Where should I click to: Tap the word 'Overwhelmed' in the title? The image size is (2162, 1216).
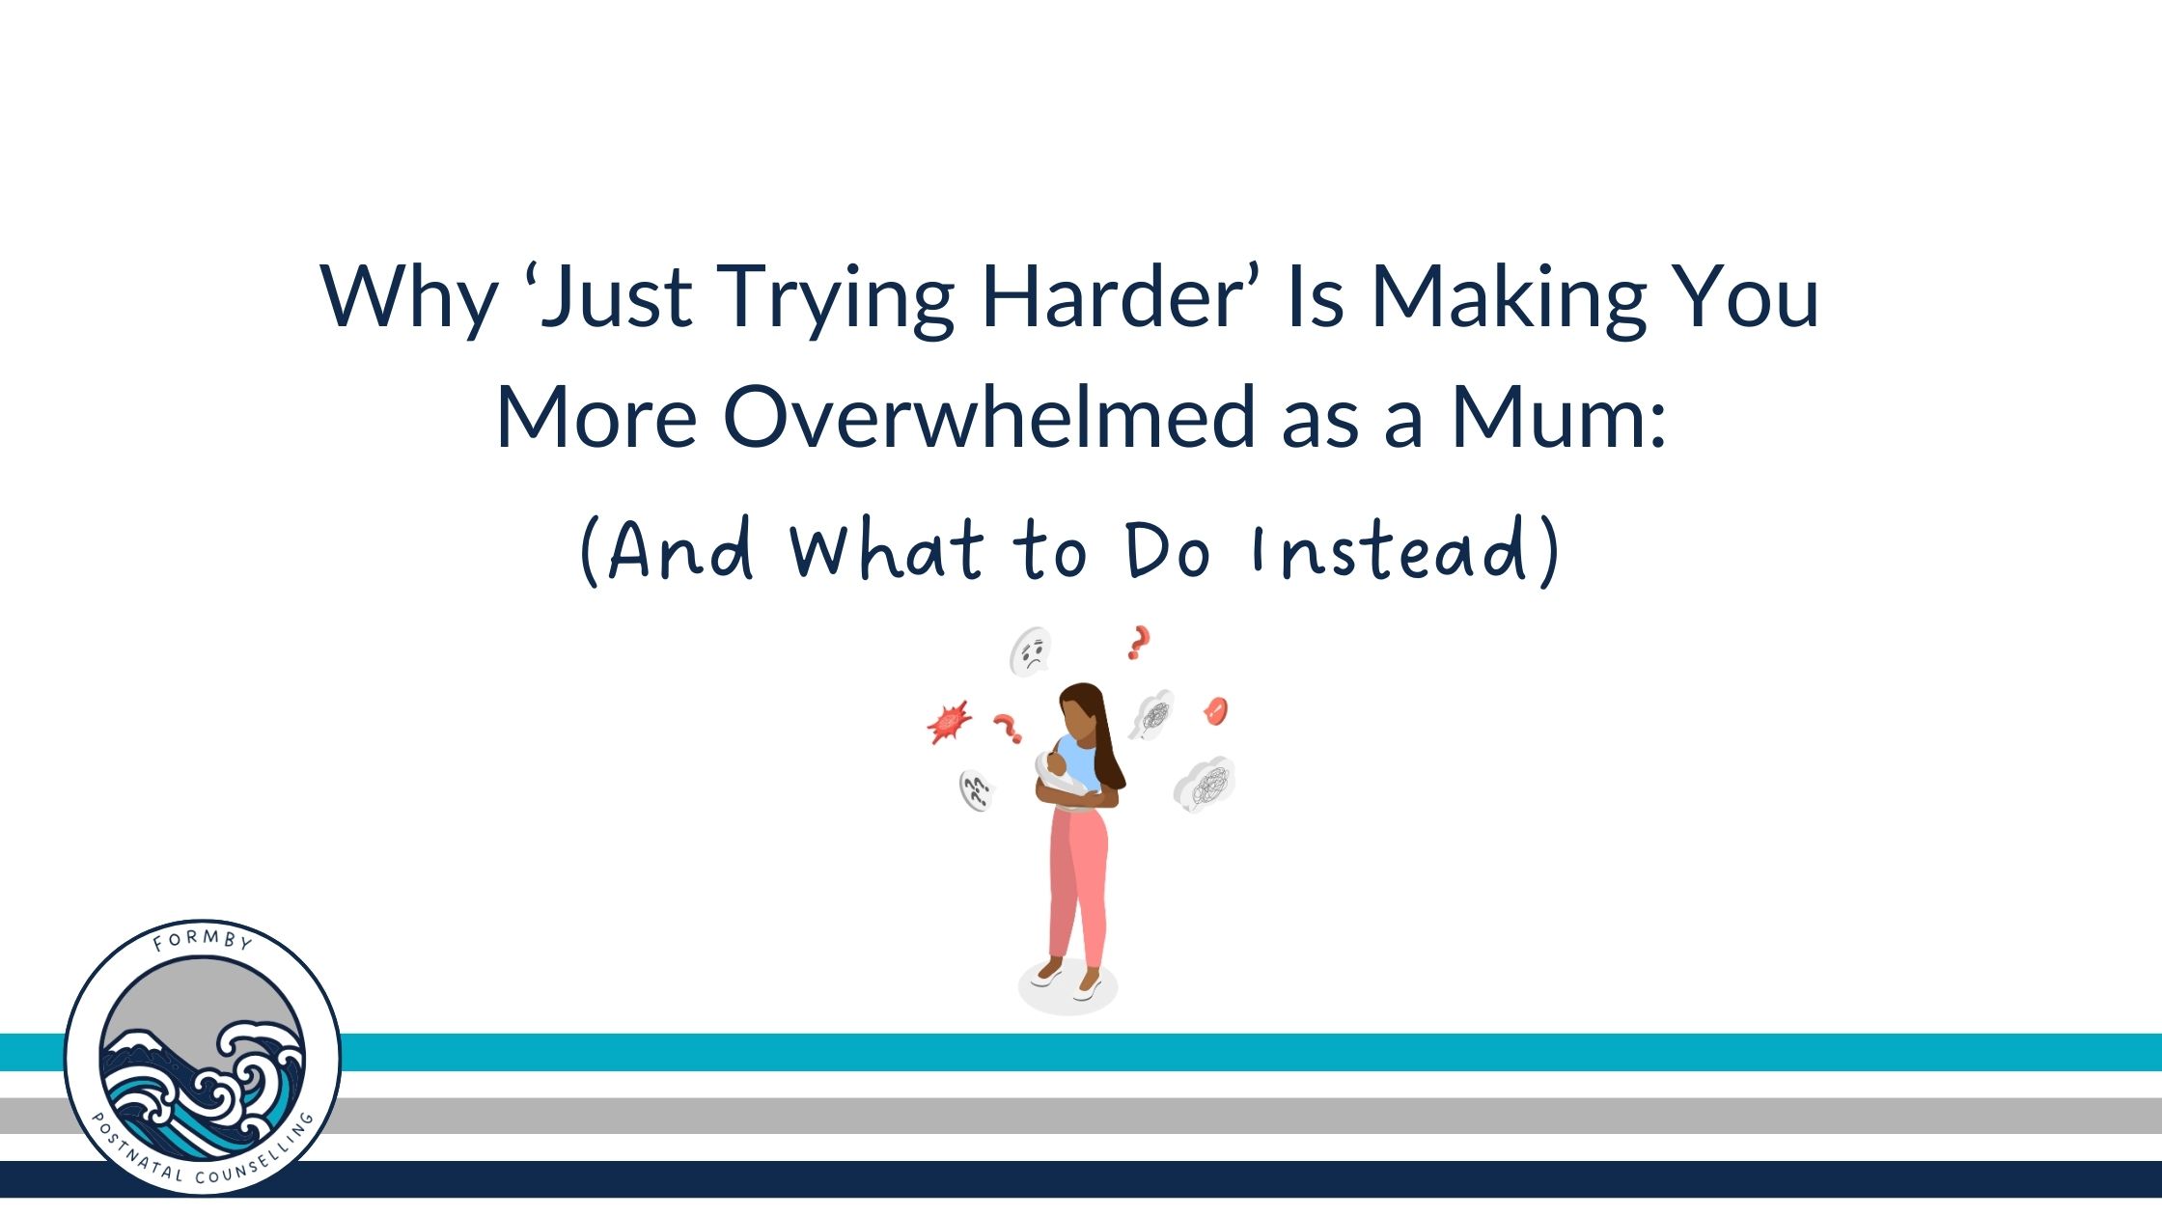point(989,416)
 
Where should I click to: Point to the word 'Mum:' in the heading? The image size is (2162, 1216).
point(1559,416)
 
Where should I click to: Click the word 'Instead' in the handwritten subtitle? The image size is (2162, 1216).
point(1389,550)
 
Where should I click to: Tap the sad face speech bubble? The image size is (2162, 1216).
point(1030,651)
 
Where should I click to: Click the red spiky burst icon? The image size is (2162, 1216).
point(949,722)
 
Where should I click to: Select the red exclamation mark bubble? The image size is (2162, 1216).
point(1216,711)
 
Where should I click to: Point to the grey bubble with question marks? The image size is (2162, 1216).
point(976,791)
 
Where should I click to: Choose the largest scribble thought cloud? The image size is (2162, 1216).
point(1206,783)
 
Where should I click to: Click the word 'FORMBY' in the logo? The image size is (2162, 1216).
point(203,939)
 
